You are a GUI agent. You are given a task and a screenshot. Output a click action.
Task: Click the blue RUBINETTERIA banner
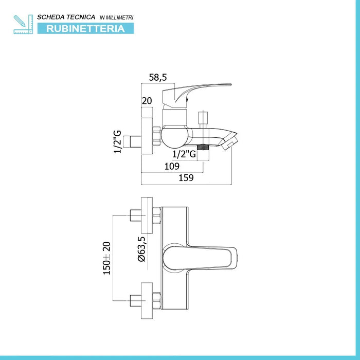(85, 28)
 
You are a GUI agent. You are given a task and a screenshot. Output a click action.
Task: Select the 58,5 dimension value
(158, 78)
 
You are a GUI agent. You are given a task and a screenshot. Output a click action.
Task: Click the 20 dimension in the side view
(147, 101)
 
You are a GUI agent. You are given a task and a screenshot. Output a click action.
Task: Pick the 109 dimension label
(172, 166)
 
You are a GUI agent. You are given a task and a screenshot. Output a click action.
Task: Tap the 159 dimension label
(186, 178)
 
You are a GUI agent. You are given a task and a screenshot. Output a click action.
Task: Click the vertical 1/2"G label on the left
(118, 141)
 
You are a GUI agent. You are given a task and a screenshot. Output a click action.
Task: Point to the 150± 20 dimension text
(107, 258)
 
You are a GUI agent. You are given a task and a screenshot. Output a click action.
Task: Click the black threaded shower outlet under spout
(205, 146)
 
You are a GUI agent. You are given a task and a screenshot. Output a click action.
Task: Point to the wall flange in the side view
(147, 139)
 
